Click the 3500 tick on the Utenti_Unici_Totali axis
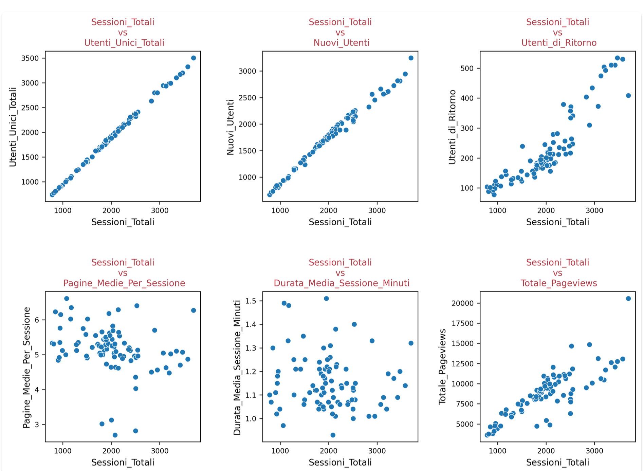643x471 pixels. [x=30, y=58]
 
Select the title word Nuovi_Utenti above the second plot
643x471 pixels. [x=341, y=43]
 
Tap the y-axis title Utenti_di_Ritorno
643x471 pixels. [x=452, y=127]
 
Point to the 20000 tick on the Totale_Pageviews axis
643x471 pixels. [x=462, y=303]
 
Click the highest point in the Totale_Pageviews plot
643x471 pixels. [x=628, y=299]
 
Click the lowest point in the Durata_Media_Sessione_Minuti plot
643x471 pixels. [x=333, y=435]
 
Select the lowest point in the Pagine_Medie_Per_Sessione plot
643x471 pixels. [x=115, y=435]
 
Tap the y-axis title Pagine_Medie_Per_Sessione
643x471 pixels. [x=26, y=367]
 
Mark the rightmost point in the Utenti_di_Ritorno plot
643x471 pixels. [x=628, y=96]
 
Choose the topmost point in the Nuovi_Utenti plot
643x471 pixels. [x=411, y=58]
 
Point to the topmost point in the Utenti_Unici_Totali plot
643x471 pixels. [x=194, y=58]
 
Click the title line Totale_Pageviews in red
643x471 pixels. [x=558, y=283]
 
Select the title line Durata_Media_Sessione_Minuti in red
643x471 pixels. [x=341, y=283]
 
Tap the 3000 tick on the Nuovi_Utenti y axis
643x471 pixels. [x=247, y=71]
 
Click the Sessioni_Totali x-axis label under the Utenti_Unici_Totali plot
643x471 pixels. [x=123, y=222]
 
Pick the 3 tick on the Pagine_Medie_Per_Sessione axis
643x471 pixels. [x=37, y=425]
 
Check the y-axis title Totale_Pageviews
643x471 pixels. [x=442, y=366]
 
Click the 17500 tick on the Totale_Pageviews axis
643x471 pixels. [x=462, y=323]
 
